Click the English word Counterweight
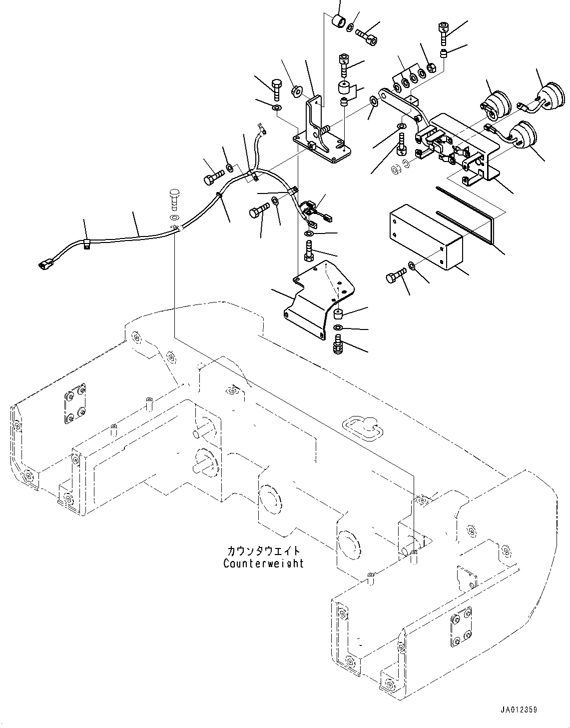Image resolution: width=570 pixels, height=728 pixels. [263, 563]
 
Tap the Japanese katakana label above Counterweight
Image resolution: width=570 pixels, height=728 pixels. [263, 551]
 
